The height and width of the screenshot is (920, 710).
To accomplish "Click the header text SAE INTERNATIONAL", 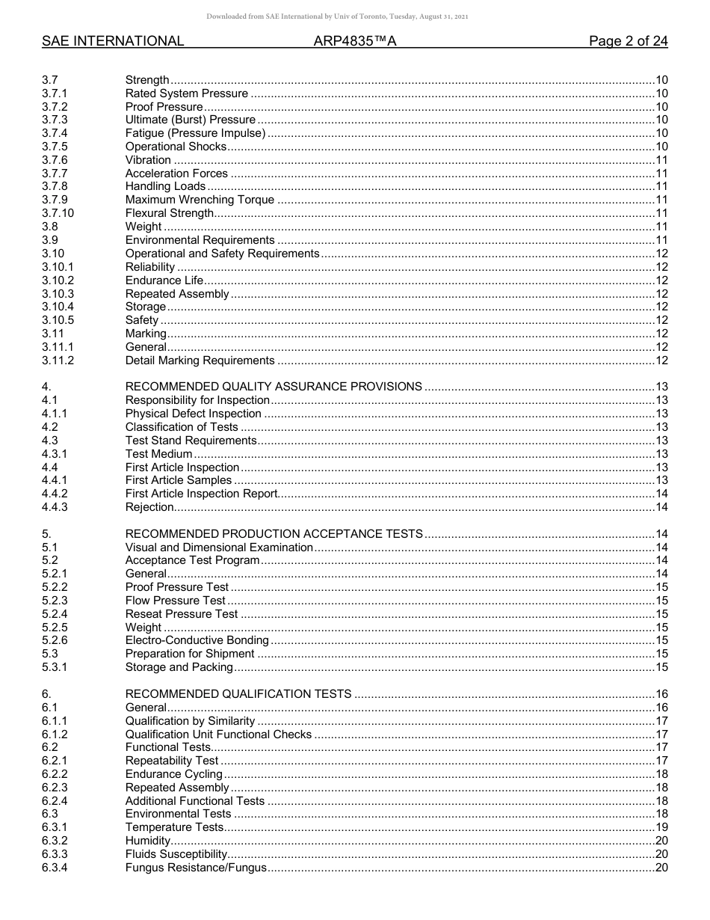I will coord(113,42).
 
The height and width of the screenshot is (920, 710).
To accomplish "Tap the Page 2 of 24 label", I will coord(628,42).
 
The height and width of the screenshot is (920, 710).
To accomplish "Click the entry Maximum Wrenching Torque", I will coord(200,200).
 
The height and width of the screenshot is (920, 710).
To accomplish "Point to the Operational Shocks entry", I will coord(176,147).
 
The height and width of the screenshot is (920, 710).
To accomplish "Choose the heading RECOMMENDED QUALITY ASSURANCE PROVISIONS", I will coord(274,387).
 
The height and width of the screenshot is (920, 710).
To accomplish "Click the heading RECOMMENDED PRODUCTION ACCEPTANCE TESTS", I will coord(274,534).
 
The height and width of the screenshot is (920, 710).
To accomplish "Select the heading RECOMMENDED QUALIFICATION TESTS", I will coord(238,694).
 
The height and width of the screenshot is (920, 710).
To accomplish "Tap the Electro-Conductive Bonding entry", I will coord(197,640).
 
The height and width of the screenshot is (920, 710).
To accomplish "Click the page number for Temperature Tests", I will coord(661,827).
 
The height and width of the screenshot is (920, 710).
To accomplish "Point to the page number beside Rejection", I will coord(661,507).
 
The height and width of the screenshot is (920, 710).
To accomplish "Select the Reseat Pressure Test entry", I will coord(182,614).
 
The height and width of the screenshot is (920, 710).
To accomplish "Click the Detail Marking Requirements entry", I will coord(200,361).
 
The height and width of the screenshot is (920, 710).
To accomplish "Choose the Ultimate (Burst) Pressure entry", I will coord(191,120).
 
